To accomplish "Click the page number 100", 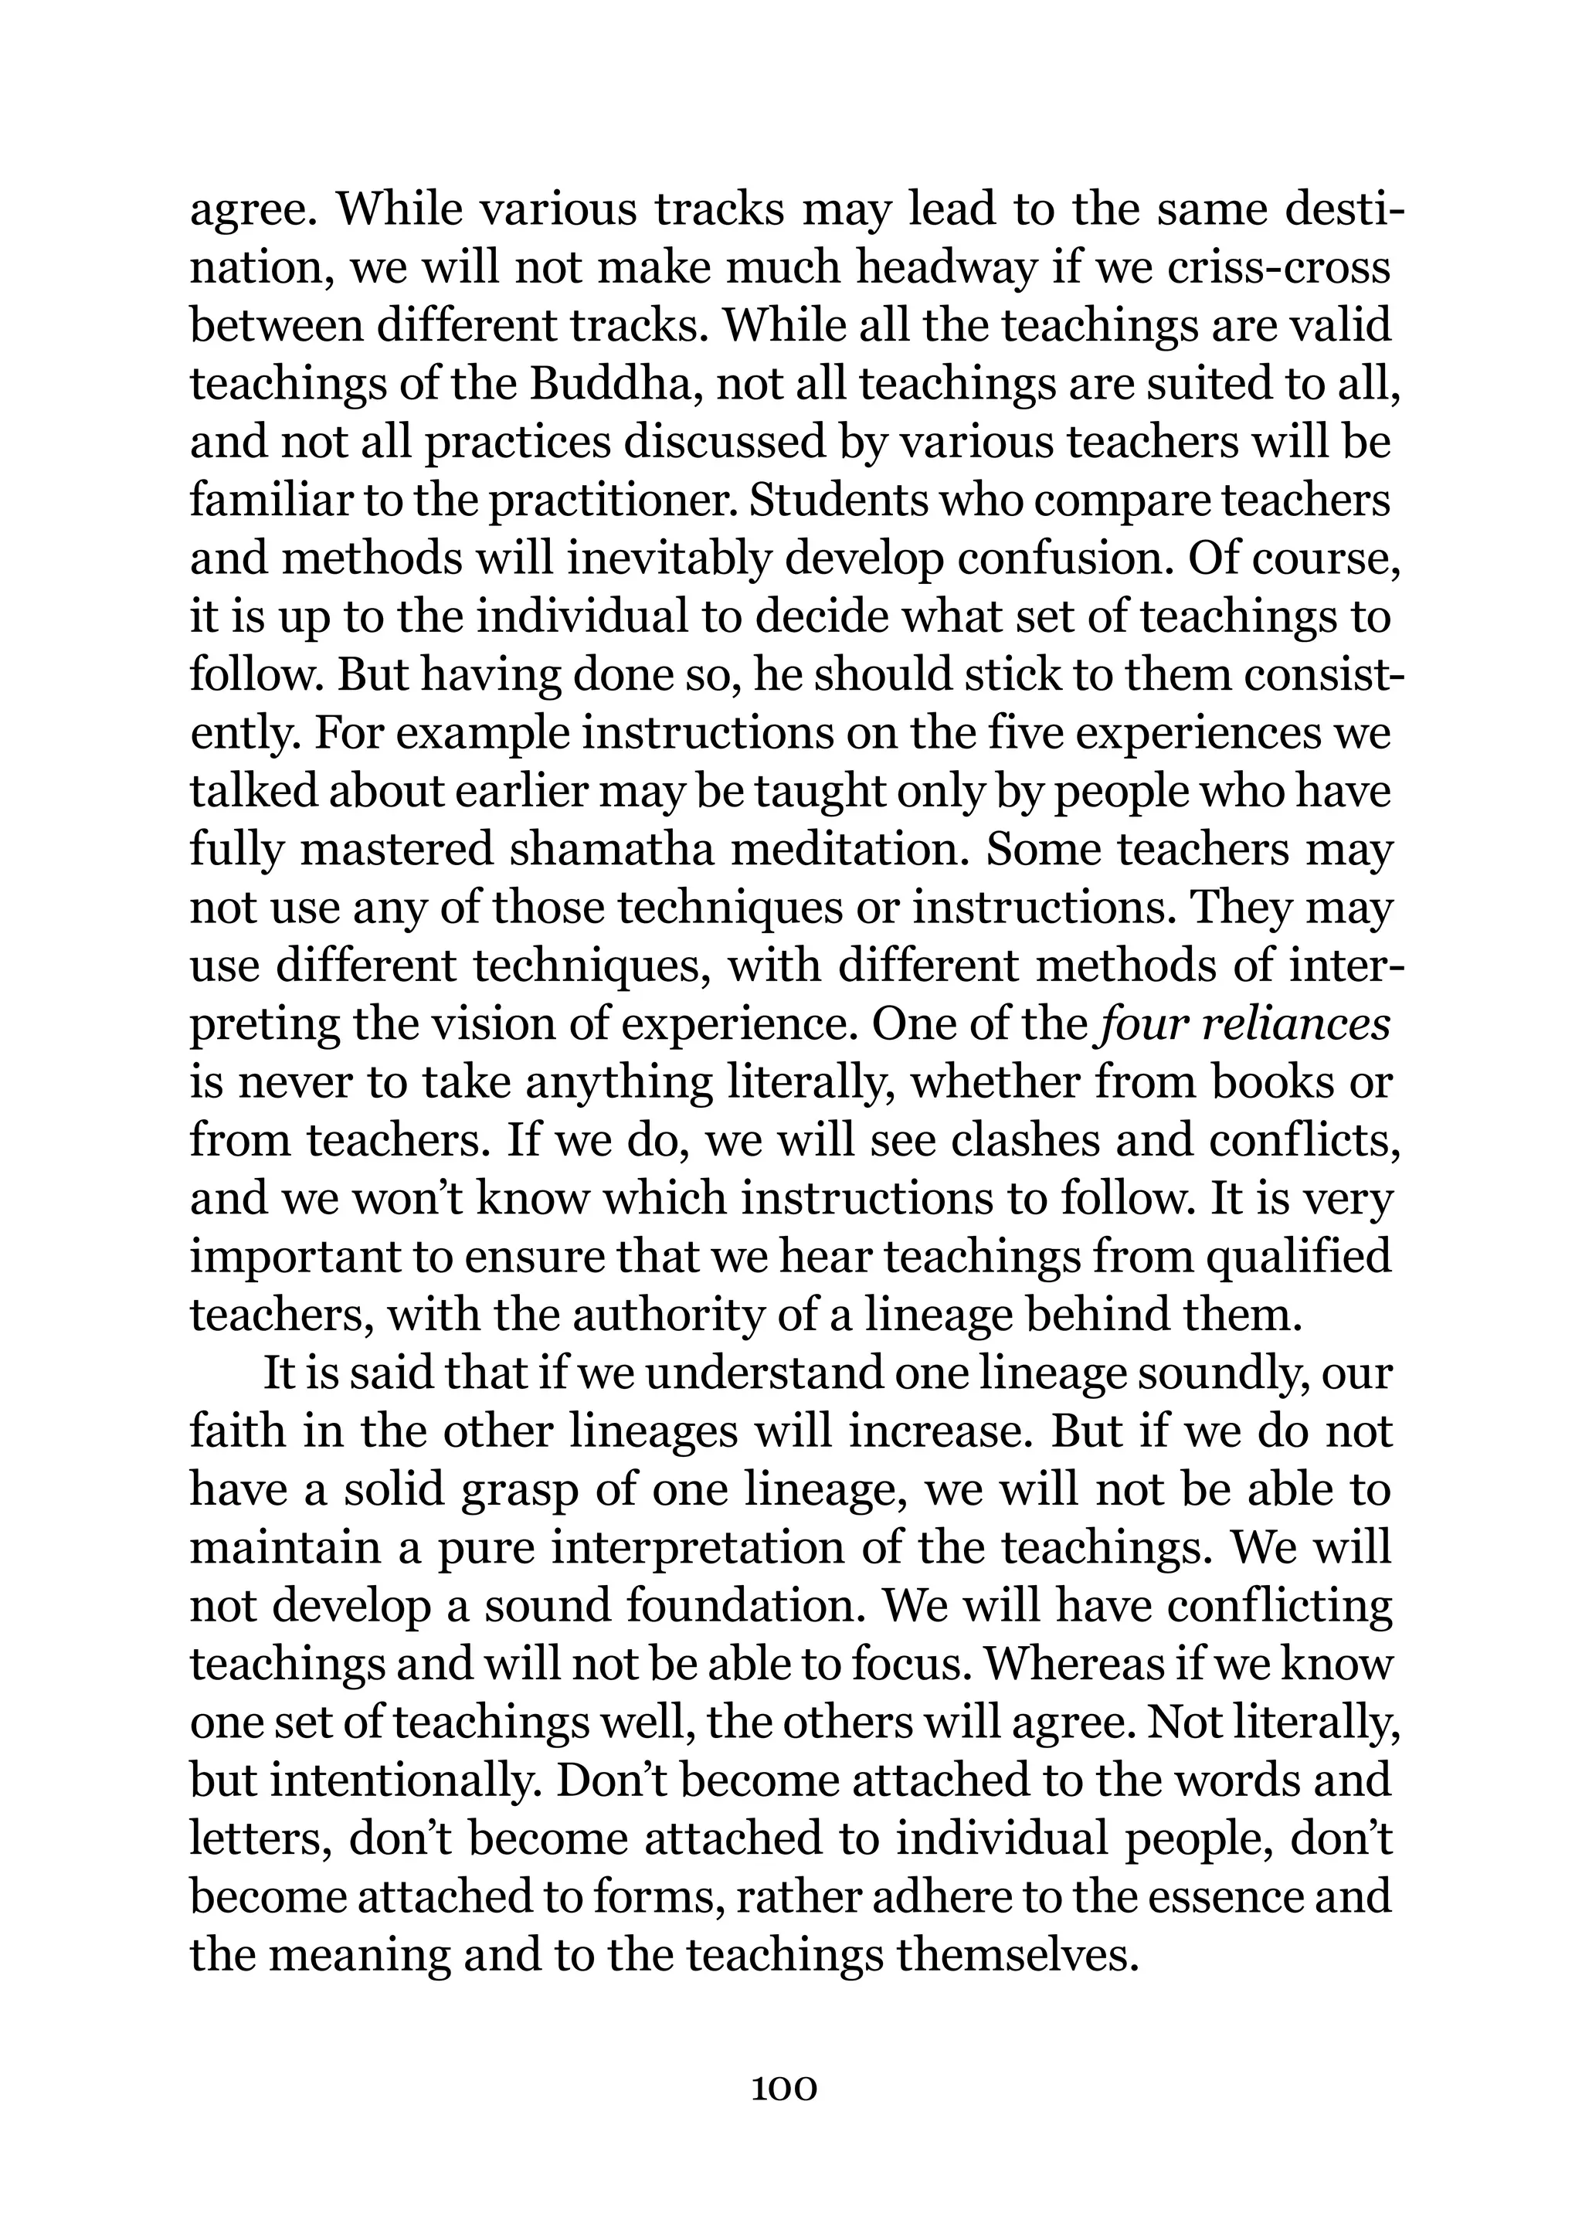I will point(784,2088).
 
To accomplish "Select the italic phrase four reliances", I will point(1243,1025).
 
